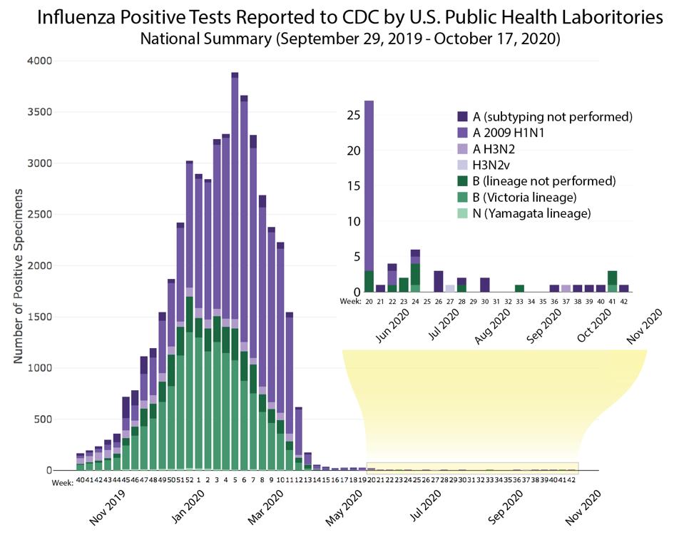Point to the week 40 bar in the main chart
click(x=81, y=462)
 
